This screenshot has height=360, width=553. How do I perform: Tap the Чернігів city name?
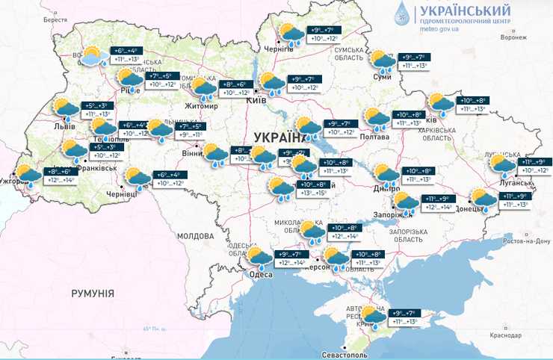coord(278,49)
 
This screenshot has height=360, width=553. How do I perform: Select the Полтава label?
coord(374,137)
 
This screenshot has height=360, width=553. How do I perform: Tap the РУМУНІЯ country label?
coord(93,294)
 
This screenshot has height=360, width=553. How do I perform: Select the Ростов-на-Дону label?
coord(525,240)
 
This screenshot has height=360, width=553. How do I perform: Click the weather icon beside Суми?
coord(382,60)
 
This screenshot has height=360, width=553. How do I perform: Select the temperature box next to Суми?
coord(415,61)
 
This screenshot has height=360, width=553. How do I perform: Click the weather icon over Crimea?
coord(374,316)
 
